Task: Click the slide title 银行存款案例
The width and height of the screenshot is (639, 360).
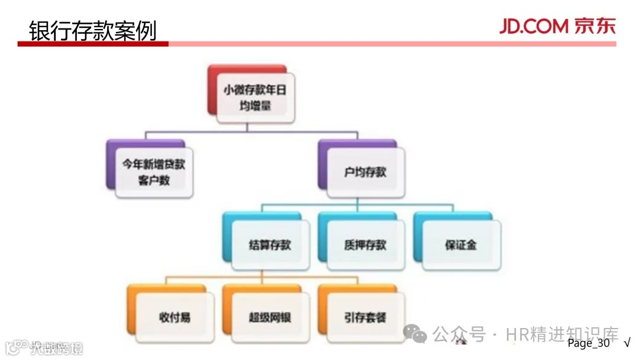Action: pyautogui.click(x=92, y=29)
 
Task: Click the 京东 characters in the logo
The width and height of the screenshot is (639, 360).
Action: pyautogui.click(x=594, y=26)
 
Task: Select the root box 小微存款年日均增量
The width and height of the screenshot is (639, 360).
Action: pyautogui.click(x=255, y=98)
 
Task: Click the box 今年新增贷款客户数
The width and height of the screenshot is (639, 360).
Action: pyautogui.click(x=154, y=172)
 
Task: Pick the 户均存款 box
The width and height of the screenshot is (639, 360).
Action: pyautogui.click(x=365, y=172)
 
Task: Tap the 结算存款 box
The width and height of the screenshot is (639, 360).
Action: pyautogui.click(x=270, y=245)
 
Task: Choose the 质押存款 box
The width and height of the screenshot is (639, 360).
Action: pyautogui.click(x=365, y=245)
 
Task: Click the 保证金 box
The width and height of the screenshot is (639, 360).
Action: pyautogui.click(x=461, y=245)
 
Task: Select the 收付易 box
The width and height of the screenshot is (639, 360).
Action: pyautogui.click(x=175, y=317)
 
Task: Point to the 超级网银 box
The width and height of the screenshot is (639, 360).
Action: pyautogui.click(x=270, y=317)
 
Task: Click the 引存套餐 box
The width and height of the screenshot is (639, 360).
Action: pyautogui.click(x=365, y=317)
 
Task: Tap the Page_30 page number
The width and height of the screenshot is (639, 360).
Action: pyautogui.click(x=588, y=343)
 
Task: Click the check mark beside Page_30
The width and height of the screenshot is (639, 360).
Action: pyautogui.click(x=627, y=343)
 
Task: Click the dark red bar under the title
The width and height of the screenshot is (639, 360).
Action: pyautogui.click(x=93, y=44)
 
